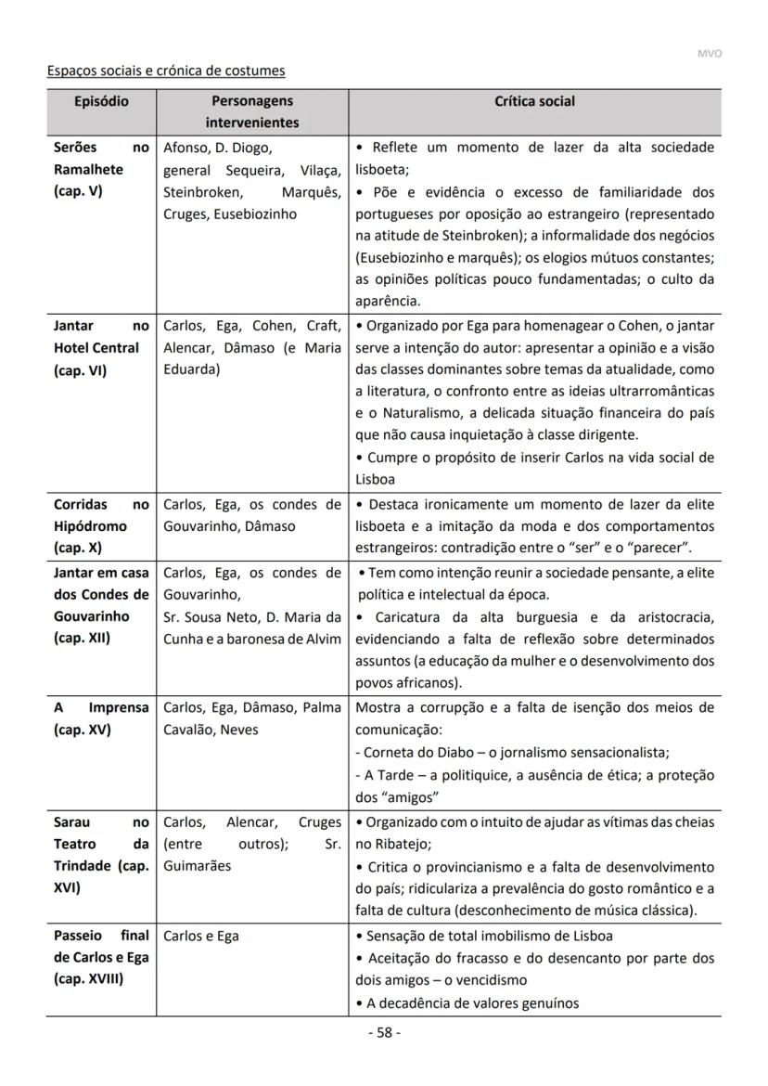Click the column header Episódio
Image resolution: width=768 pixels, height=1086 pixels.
[x=101, y=101]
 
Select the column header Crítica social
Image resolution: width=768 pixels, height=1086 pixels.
[x=534, y=101]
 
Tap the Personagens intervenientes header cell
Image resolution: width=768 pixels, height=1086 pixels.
[x=252, y=111]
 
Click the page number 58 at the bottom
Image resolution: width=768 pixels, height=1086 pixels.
[x=383, y=1033]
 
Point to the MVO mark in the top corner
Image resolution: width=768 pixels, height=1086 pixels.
[x=709, y=53]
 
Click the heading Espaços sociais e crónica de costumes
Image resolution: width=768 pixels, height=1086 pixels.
[x=166, y=71]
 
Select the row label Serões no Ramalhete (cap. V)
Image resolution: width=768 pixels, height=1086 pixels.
[x=100, y=170]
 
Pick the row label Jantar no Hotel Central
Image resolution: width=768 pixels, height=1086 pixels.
[x=100, y=348]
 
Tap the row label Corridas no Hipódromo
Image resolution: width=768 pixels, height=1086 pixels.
[x=100, y=526]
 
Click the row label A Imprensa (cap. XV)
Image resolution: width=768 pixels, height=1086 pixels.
[x=100, y=718]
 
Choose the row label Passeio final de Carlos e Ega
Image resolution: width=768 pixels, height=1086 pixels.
[x=100, y=958]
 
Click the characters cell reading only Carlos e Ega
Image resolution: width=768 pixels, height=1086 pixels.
[x=201, y=936]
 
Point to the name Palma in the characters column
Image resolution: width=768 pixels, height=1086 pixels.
[x=321, y=707]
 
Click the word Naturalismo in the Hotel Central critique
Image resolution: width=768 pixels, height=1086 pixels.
[x=405, y=413]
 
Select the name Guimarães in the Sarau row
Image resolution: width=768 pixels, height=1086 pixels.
[x=197, y=866]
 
